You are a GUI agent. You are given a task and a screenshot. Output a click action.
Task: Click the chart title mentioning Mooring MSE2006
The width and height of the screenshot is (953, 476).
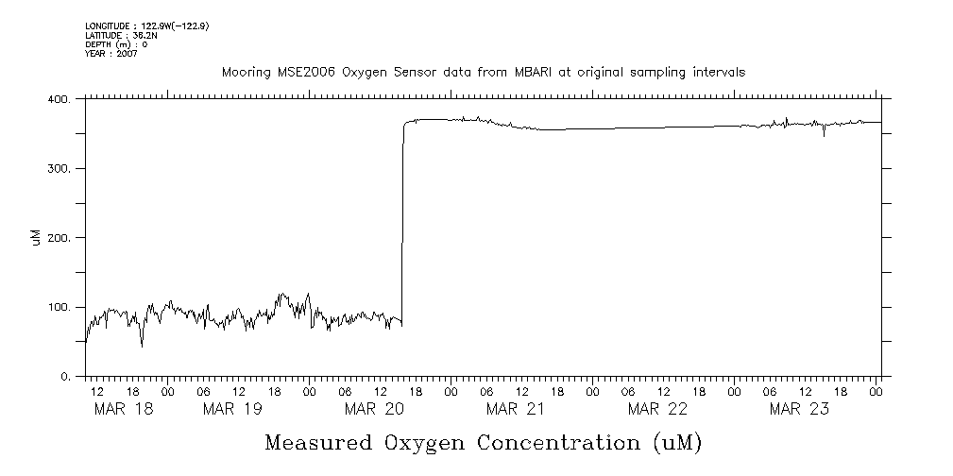(483, 72)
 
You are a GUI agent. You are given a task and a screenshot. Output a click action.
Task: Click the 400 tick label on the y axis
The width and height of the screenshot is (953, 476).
(60, 98)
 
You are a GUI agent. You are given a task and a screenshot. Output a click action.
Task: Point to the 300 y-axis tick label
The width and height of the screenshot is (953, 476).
(60, 168)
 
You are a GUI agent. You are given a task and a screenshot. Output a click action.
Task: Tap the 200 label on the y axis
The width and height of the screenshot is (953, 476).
(60, 238)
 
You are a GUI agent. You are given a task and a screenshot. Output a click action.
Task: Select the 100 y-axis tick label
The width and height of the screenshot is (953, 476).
(60, 307)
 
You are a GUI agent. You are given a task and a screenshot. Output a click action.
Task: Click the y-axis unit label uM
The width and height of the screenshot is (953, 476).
(36, 238)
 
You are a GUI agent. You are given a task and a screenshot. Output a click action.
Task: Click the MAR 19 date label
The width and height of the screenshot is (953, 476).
(232, 409)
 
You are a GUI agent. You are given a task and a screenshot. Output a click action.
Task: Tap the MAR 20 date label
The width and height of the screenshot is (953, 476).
(374, 409)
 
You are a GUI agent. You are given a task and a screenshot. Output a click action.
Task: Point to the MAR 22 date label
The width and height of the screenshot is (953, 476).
(657, 409)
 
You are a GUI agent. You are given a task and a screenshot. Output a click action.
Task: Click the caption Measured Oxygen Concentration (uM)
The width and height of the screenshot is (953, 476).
(484, 442)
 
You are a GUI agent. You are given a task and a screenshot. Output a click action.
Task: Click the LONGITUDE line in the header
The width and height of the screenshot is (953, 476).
(146, 25)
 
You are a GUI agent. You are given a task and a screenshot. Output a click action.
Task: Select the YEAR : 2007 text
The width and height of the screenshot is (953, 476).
(111, 53)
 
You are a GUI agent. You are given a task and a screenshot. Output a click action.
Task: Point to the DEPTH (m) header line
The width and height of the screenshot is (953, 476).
(116, 43)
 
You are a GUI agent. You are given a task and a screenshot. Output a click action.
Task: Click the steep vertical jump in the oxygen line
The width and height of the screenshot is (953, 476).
(403, 227)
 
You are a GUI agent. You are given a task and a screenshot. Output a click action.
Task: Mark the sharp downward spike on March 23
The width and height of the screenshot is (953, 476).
(824, 135)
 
